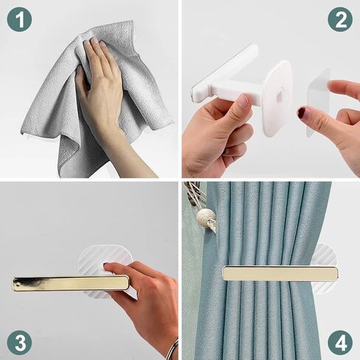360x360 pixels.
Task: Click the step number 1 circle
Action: coord(19,19)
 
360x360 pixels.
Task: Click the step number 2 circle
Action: coord(340,19)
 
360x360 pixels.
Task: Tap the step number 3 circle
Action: coord(19,343)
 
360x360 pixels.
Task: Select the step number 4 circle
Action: coord(340,343)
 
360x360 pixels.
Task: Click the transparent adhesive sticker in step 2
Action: coord(318,98)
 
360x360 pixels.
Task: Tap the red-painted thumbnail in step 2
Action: coord(301,112)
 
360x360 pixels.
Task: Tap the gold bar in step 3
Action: coord(71,283)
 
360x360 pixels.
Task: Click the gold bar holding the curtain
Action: coord(280,274)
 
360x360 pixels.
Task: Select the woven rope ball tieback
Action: coord(207,218)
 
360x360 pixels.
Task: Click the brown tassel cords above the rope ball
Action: coord(194,194)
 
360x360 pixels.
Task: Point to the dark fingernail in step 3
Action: coord(106,264)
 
